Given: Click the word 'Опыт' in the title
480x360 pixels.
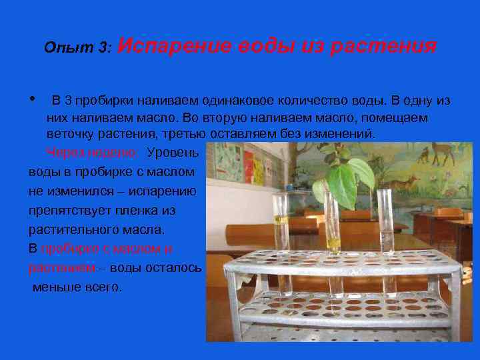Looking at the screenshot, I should pyautogui.click(x=60, y=48).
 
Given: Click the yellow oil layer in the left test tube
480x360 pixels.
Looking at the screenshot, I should pyautogui.click(x=282, y=219).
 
